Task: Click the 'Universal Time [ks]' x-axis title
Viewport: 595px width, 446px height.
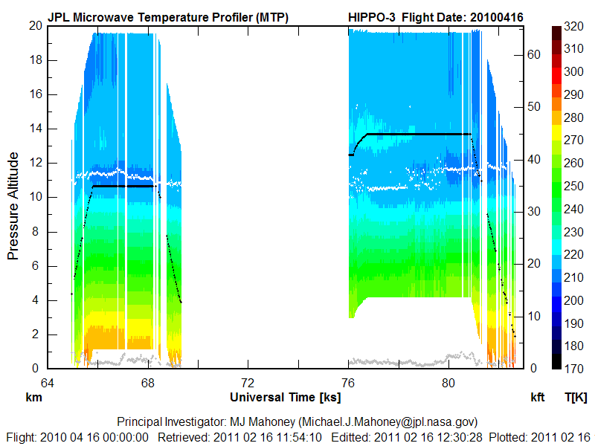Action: [286, 397]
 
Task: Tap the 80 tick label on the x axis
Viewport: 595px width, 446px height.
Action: [448, 383]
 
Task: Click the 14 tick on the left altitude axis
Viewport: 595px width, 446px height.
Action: [35, 129]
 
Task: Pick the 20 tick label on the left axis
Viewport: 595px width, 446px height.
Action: [35, 25]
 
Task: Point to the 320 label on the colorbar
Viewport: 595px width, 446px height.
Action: [573, 26]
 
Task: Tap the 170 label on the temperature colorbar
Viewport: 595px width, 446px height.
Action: [573, 368]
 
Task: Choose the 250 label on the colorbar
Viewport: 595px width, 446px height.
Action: [573, 186]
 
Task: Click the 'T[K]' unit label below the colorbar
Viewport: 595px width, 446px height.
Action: [576, 398]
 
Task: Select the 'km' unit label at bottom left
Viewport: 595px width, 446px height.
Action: [33, 398]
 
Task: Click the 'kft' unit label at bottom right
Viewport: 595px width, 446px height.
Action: [538, 398]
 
